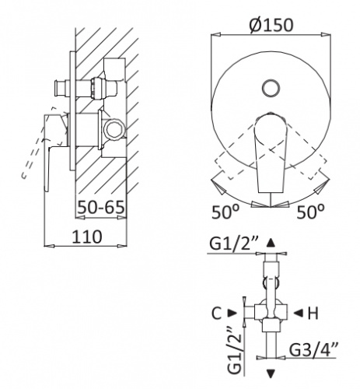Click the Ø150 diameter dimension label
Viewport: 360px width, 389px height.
(271, 25)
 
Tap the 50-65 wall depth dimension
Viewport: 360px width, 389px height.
(101, 207)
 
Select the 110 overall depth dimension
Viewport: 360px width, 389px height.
(87, 237)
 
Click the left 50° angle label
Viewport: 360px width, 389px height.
(225, 212)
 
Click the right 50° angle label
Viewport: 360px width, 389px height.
(310, 212)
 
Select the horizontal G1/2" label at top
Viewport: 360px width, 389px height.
(233, 244)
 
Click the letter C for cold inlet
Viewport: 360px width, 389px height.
(216, 314)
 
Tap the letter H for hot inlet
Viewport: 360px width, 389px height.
(313, 314)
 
